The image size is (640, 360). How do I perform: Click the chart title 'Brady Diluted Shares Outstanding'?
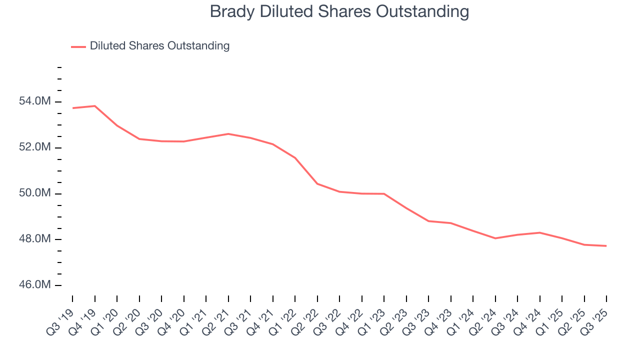click(x=339, y=11)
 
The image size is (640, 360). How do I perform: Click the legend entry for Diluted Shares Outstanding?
click(x=159, y=46)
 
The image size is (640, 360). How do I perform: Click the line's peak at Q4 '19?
click(x=94, y=106)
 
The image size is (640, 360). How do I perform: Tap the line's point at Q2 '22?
click(x=317, y=183)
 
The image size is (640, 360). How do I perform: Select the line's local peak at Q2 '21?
click(x=228, y=134)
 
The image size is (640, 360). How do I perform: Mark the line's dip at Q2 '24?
click(x=495, y=238)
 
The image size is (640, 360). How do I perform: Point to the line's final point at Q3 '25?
click(x=606, y=246)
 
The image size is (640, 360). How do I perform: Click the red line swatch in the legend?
click(x=78, y=46)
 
